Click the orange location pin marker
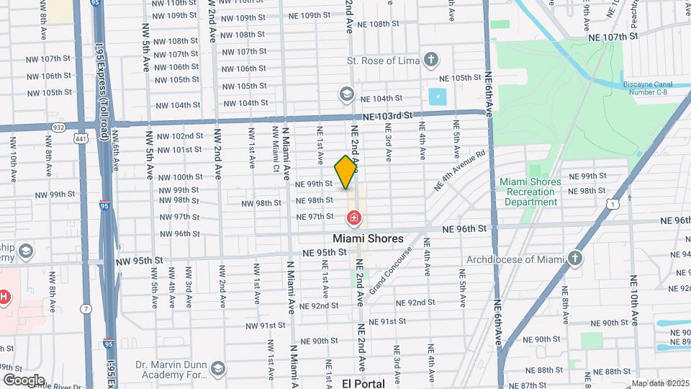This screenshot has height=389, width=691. (x=346, y=172)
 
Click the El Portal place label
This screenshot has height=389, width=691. (x=363, y=383)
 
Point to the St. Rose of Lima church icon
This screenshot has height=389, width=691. (x=430, y=60)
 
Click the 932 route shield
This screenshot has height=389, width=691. (x=58, y=127)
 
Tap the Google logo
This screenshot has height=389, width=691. (x=23, y=380)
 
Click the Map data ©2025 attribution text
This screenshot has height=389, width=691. (x=659, y=383)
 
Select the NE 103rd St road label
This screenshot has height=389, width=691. (x=387, y=115)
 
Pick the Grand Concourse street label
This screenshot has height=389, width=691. (x=389, y=270)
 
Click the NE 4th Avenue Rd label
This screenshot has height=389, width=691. (x=460, y=170)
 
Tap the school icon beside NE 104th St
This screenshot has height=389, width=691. (x=347, y=95)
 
